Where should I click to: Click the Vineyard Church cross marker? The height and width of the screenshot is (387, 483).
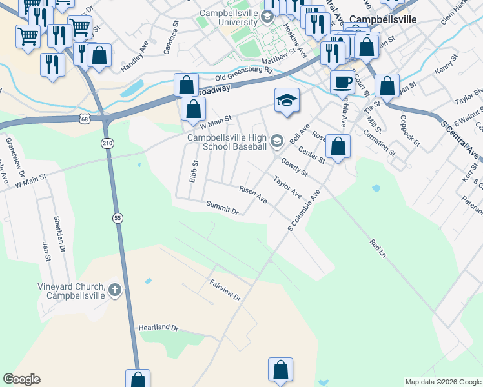115,290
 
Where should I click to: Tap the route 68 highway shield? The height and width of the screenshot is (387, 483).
85,119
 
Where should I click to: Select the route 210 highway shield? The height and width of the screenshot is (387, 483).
107,142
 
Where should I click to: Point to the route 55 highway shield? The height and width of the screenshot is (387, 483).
118,218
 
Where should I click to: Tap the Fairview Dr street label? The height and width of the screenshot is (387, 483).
225,290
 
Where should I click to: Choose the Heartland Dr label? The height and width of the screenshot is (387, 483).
158,328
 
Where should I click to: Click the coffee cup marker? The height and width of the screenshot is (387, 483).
342,83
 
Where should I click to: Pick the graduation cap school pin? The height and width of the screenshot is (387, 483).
287,100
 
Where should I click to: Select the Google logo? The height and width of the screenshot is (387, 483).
21,379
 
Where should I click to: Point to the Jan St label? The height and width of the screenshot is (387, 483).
46,250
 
